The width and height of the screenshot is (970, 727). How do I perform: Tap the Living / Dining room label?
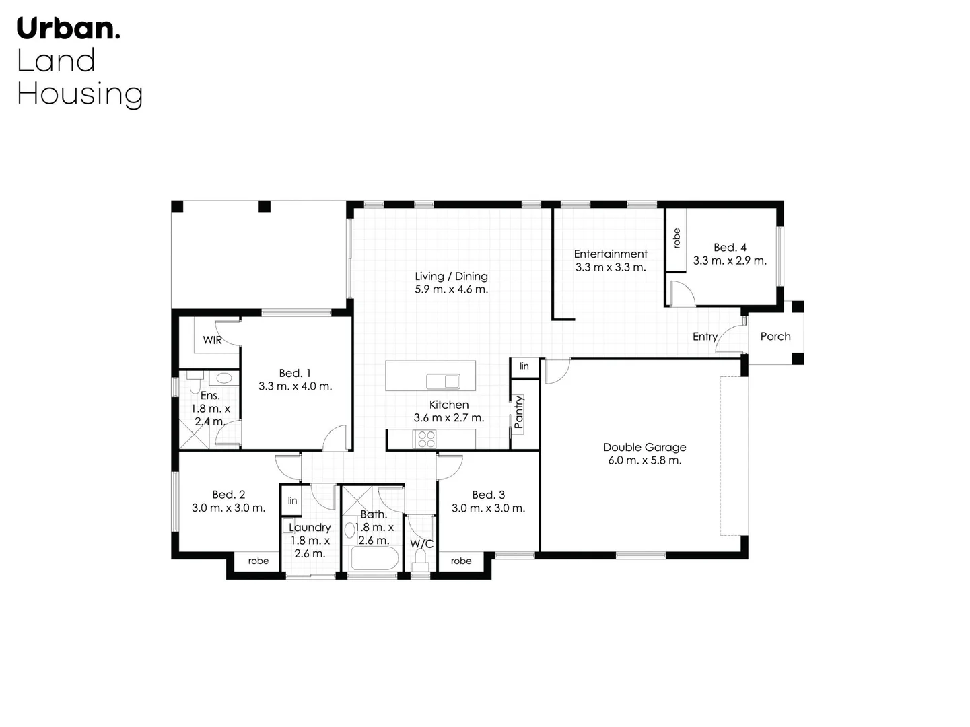pos(451,276)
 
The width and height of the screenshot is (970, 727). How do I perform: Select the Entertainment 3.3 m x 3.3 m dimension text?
pos(610,267)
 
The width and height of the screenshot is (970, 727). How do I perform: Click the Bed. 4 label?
pos(730,248)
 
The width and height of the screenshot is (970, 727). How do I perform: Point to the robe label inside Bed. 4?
pos(677,238)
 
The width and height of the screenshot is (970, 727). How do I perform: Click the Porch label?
pos(775,336)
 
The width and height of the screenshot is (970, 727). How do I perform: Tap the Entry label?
pos(705,337)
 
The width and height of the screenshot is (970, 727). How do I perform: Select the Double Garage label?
pos(644,447)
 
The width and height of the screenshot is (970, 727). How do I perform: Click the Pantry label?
pos(518,413)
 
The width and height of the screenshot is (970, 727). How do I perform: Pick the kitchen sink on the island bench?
pos(443,382)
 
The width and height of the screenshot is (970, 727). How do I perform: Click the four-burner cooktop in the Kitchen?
pos(425,439)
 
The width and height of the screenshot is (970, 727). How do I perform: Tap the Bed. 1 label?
pos(295,373)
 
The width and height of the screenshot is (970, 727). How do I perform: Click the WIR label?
pos(212,340)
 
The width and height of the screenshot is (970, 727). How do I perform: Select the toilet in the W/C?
pos(421,557)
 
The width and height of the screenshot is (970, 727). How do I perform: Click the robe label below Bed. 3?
pos(461,561)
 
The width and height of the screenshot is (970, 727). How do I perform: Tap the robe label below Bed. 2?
pos(258,561)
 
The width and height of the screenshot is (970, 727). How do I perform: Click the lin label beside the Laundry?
pos(292,500)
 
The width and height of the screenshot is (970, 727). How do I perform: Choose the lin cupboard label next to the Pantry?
pos(524,366)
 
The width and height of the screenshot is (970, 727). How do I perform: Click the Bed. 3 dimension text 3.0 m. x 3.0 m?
pos(488,508)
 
